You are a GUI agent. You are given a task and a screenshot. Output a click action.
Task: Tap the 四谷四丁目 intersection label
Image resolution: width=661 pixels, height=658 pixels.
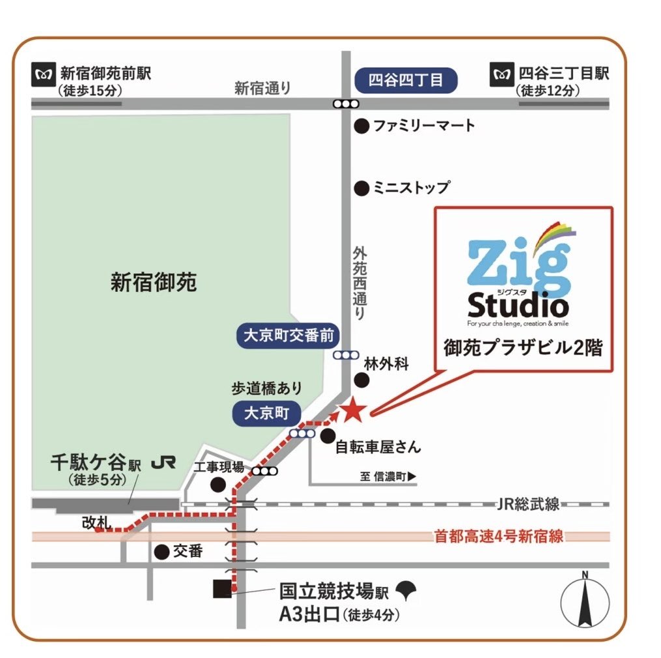tap(405, 80)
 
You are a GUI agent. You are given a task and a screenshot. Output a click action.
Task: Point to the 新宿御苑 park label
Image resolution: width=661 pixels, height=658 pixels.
tap(153, 283)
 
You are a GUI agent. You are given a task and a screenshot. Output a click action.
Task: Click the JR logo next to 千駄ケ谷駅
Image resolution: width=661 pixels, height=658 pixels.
tap(163, 463)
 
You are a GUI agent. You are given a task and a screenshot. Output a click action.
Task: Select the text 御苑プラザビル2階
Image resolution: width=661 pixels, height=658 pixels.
tap(524, 347)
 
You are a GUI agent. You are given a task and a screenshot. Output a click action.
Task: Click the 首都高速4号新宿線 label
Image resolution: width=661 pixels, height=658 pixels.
tap(498, 537)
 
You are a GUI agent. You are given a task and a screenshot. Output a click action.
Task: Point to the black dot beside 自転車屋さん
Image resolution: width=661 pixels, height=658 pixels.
tap(328, 435)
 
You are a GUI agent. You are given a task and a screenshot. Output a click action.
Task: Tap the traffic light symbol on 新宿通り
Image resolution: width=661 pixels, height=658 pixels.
tap(345, 104)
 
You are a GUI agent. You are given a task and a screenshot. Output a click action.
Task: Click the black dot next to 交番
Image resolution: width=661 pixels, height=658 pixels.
tap(162, 552)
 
